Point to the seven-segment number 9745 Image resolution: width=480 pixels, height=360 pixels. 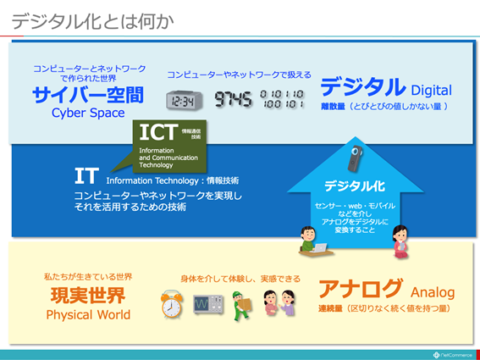pyautogui.click(x=233, y=100)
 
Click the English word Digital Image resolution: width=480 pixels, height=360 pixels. pyautogui.click(x=431, y=90)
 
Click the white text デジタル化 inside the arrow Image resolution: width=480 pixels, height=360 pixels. pyautogui.click(x=356, y=186)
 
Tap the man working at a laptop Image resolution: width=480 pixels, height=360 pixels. pyautogui.click(x=311, y=240)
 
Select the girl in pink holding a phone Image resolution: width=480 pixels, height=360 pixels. pyautogui.click(x=400, y=241)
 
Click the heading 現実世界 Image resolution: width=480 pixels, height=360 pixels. pyautogui.click(x=88, y=296)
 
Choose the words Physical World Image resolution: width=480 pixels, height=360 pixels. pyautogui.click(x=88, y=315)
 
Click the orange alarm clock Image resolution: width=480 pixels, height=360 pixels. pyautogui.click(x=173, y=305)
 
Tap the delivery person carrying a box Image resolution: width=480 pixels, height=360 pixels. pyautogui.click(x=242, y=305)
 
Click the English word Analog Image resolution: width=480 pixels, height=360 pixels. pyautogui.click(x=433, y=292)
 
